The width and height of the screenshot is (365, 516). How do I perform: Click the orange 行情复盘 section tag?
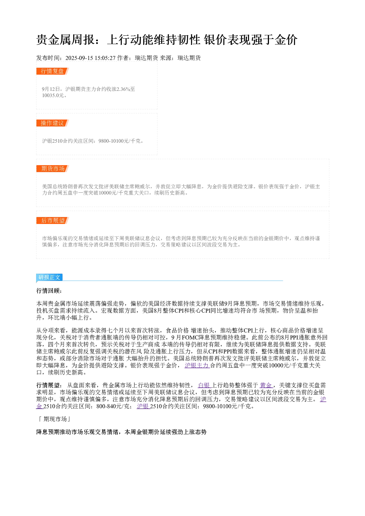pos(53,71)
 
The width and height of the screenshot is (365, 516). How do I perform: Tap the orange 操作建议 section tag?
pos(53,123)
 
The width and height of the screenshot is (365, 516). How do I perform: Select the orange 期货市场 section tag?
pos(53,168)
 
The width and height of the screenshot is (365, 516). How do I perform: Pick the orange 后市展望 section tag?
pos(53,220)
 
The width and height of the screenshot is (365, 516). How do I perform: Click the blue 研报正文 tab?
pos(49,277)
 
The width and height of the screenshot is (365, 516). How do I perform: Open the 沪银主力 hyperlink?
pos(197,365)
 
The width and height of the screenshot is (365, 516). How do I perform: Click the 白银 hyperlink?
pos(204,385)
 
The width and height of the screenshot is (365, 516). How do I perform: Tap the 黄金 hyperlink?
pos(266,385)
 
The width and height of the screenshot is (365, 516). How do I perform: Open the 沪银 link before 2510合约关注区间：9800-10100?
pos(143,406)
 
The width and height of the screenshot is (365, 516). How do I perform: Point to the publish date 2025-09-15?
pos(79,58)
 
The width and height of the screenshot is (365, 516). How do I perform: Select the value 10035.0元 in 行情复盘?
pos(53,95)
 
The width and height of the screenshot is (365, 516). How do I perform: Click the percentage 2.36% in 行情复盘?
pos(123,89)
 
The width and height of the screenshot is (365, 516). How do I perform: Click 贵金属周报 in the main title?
pos(65,40)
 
